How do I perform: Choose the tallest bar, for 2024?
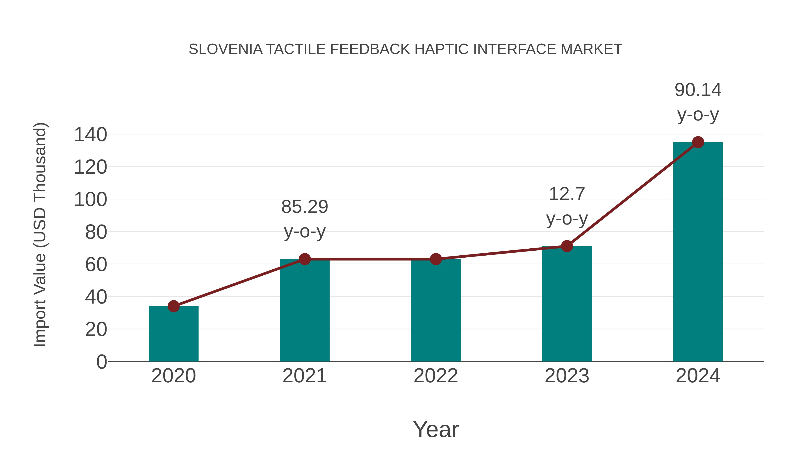pos(698,252)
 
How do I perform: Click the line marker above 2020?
pos(173,306)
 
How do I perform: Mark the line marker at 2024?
pos(698,142)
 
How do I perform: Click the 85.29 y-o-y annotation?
pos(304,219)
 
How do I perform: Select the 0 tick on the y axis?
pos(101,362)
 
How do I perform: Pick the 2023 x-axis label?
pos(567,376)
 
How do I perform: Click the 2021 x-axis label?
pos(304,376)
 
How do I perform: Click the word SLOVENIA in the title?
pos(226,49)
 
